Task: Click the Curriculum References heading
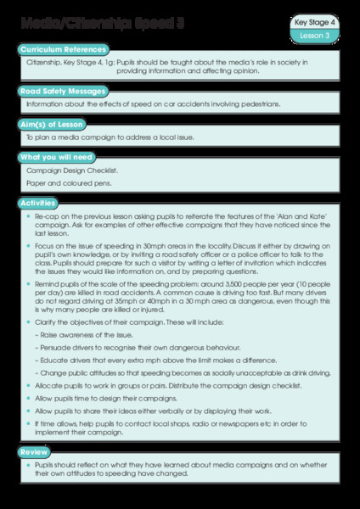click(x=62, y=50)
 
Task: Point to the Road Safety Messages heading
click(x=62, y=90)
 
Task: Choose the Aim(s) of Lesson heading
click(x=56, y=124)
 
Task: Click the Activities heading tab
click(x=42, y=203)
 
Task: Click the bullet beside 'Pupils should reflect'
click(x=29, y=468)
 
